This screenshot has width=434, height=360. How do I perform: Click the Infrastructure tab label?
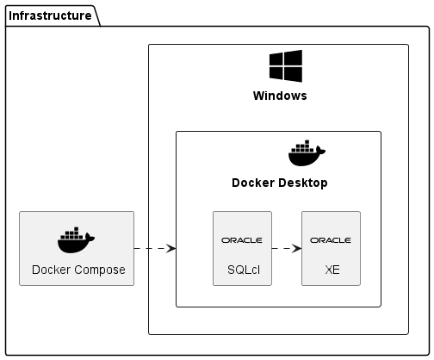50,16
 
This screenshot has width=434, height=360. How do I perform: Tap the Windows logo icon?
286,66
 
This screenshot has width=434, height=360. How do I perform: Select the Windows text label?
280,96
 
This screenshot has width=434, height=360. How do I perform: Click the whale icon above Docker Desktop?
307,153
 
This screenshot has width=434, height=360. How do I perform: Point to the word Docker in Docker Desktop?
253,183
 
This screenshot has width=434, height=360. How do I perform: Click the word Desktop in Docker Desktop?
302,183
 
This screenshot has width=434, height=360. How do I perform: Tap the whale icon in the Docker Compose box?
76,240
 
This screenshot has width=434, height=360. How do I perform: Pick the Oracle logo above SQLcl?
242,240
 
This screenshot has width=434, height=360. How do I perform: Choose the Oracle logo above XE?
331,240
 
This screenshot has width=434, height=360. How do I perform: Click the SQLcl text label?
244,270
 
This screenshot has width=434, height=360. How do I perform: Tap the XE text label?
332,270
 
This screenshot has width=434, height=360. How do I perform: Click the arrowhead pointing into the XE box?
297,248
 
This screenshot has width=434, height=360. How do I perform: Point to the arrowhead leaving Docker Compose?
171,248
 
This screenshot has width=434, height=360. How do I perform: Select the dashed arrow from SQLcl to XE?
287,248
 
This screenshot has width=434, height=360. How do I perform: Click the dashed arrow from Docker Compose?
155,248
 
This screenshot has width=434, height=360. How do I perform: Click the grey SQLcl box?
242,249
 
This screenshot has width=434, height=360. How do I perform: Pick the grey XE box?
331,249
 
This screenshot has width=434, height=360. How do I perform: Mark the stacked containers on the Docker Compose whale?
71,233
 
